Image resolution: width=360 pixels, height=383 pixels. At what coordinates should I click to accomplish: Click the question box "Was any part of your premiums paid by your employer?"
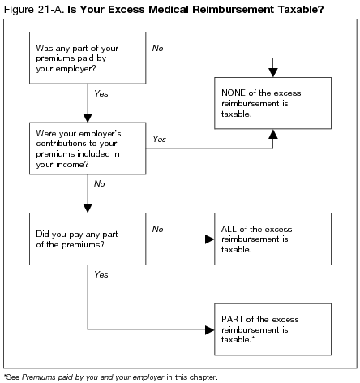pos(86,58)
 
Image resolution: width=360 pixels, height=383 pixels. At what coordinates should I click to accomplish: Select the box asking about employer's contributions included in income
pos(86,148)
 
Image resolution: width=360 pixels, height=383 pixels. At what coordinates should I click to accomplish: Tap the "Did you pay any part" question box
pos(86,239)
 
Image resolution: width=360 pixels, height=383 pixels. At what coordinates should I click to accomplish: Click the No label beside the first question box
pos(158,49)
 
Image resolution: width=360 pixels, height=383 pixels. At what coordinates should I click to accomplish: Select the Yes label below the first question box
pos(101,95)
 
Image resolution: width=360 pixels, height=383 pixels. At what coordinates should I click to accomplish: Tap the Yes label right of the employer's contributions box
pos(160,139)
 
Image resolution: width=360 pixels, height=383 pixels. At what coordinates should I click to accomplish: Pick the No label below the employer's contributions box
pos(100,184)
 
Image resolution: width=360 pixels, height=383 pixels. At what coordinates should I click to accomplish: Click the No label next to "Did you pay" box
pos(158,230)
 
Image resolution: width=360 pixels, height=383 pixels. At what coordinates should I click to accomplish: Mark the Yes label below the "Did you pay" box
pos(101,275)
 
